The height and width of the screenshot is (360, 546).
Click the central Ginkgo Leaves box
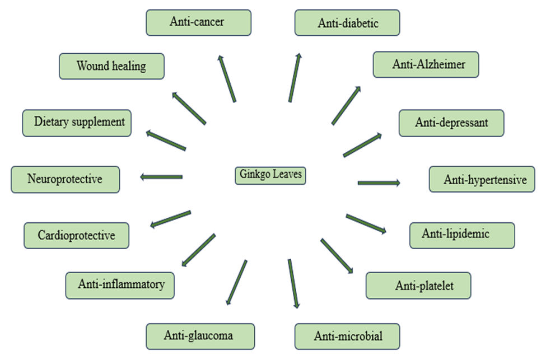click(270, 175)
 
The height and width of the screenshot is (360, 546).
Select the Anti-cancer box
click(198, 22)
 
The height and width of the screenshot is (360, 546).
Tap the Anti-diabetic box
click(347, 23)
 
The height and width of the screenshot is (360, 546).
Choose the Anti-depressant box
click(451, 123)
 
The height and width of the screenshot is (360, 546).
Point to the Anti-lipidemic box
click(461, 235)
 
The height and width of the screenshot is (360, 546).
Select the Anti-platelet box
click(418, 286)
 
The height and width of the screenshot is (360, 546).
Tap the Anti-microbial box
click(347, 336)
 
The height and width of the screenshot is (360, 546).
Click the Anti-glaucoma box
click(200, 336)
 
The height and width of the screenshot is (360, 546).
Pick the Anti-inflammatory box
click(120, 285)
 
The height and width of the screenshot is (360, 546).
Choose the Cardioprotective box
click(76, 235)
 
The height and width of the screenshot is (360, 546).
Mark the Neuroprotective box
click(65, 179)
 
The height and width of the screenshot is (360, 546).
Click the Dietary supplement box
click(77, 122)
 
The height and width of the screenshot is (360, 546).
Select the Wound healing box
click(111, 66)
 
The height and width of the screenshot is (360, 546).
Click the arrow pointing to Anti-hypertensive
click(379, 183)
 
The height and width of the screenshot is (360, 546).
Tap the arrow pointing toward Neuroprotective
click(161, 177)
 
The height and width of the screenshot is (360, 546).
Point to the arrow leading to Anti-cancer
click(227, 78)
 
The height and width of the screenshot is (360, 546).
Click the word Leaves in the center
click(287, 175)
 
